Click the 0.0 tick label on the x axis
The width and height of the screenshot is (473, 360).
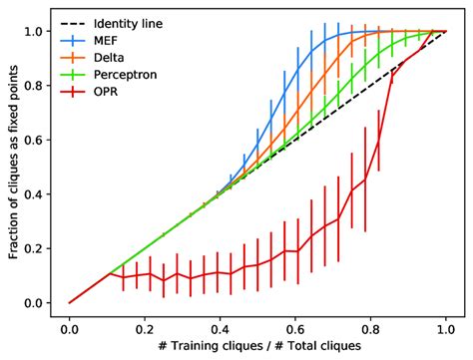[x=70, y=326]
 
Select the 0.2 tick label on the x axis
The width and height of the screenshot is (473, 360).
[x=145, y=326]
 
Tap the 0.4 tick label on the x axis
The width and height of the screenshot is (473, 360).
[x=221, y=326]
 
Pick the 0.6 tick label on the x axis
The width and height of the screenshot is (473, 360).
[x=295, y=326]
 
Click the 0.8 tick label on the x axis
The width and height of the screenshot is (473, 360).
[x=370, y=326]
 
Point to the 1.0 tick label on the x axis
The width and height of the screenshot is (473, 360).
[x=445, y=326]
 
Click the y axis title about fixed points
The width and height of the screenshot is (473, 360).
[x=12, y=166]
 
